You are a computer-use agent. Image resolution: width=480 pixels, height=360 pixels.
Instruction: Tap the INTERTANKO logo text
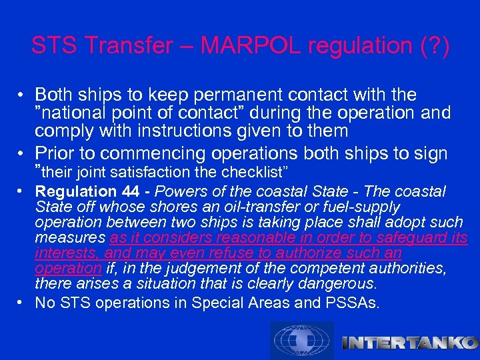[x=409, y=343]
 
